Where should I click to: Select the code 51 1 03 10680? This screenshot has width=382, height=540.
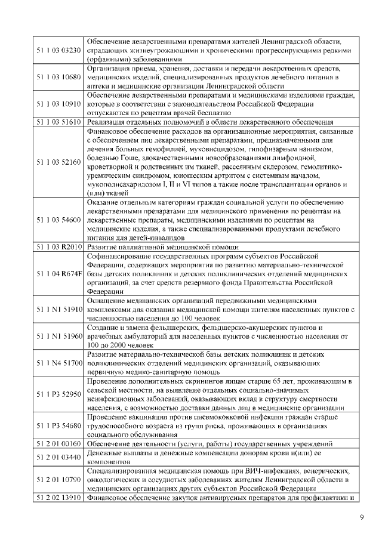[58, 78]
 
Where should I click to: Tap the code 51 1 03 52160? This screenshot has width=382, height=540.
[58, 162]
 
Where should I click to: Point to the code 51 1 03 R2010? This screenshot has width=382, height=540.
[58, 246]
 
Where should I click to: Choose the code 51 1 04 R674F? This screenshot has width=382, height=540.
[58, 274]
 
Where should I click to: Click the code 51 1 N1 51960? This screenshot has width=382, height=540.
[58, 337]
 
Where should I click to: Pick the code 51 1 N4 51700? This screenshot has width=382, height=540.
[58, 363]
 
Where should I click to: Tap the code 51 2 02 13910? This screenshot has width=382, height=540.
[58, 497]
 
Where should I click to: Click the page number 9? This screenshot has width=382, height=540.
[361, 517]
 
